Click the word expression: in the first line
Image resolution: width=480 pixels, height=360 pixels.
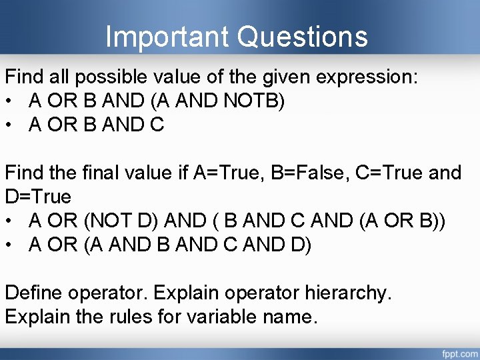tap(367, 76)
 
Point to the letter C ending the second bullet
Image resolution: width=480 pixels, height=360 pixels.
tap(157, 124)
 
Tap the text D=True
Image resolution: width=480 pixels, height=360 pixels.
tap(38, 197)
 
